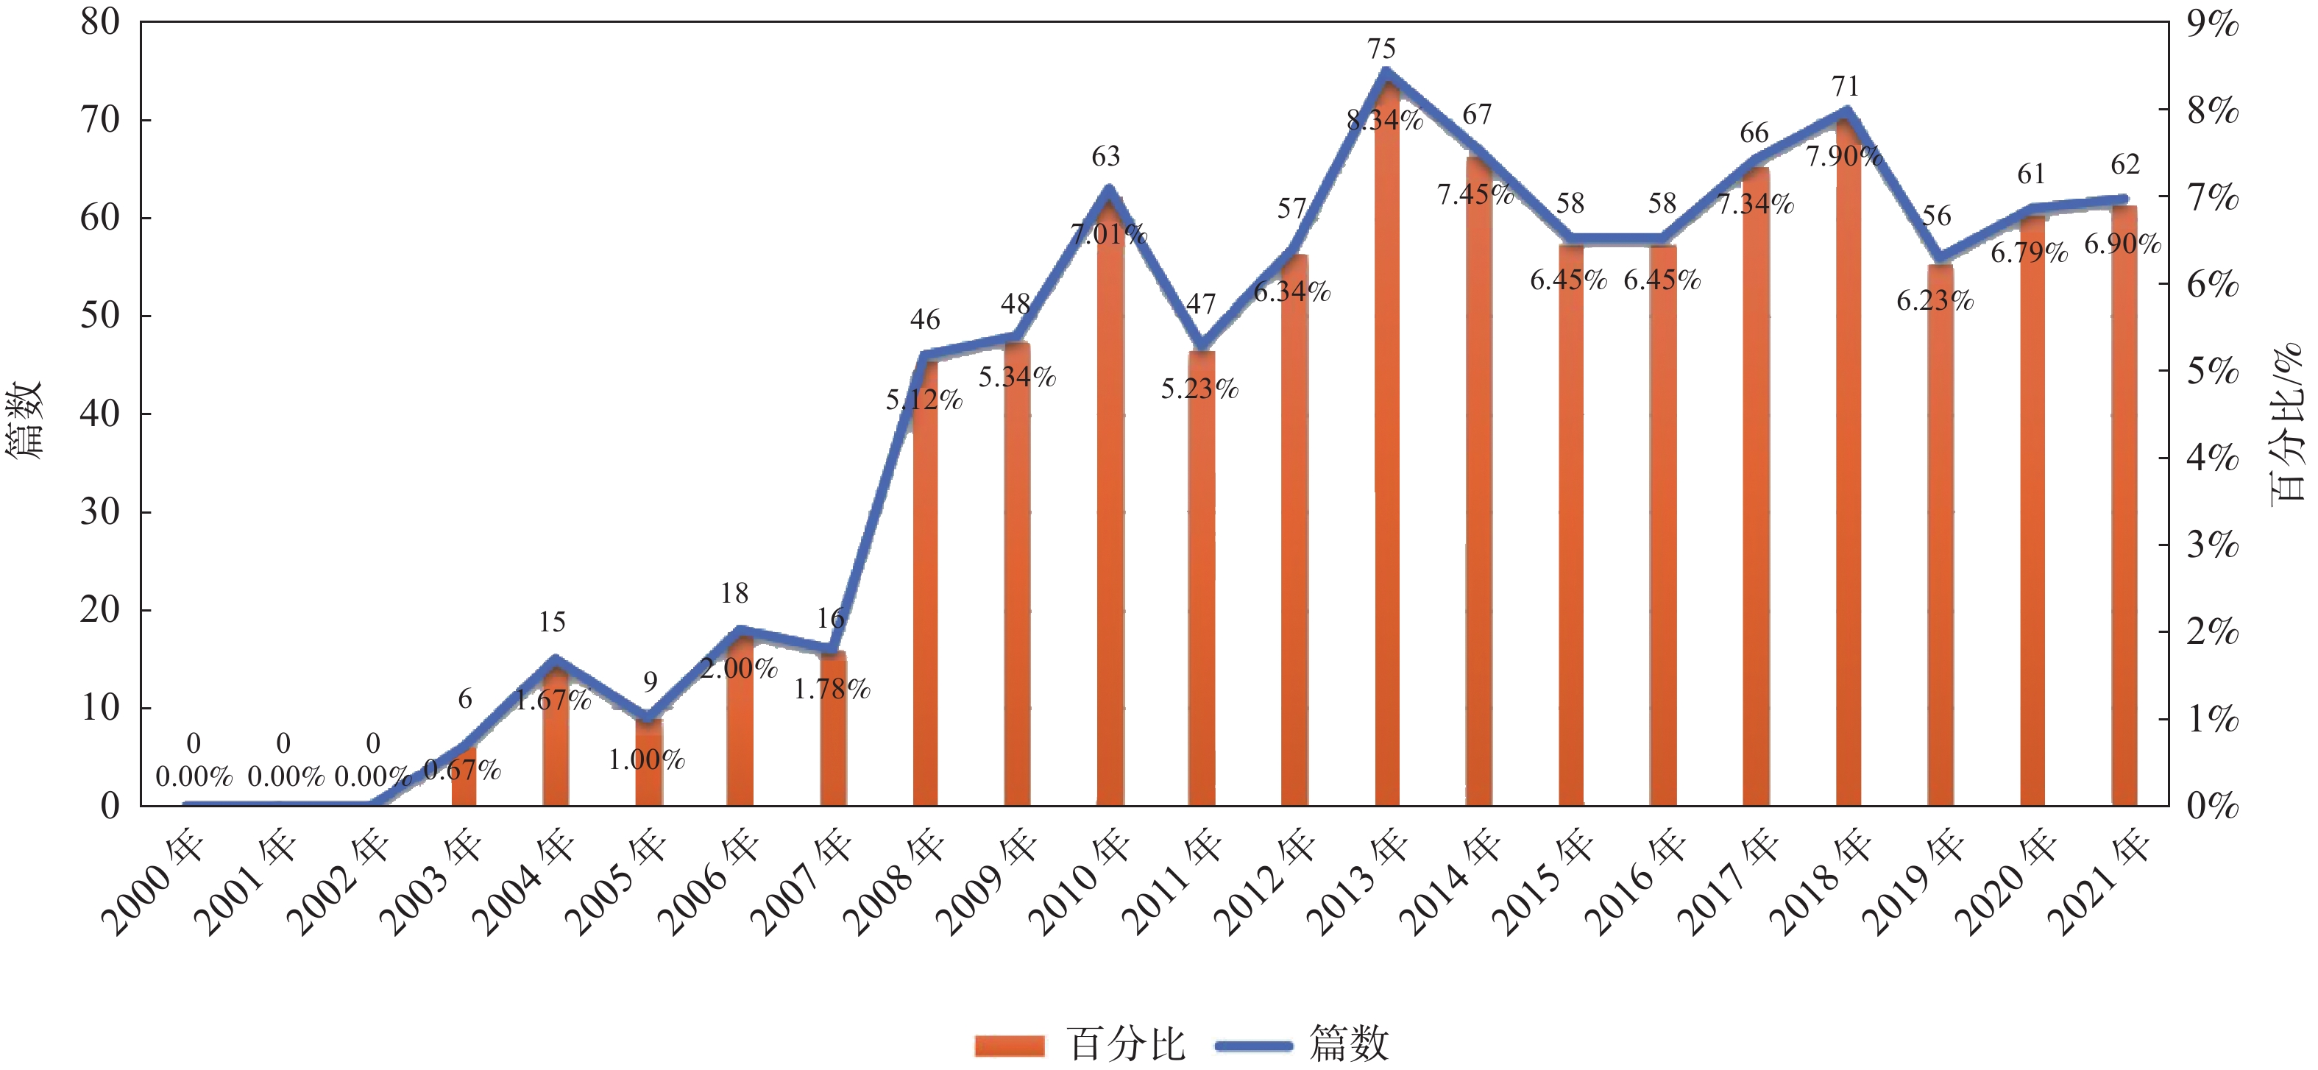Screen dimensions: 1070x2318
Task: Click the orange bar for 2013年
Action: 1386,450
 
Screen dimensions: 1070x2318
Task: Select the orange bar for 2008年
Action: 925,585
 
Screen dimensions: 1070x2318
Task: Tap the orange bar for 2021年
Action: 2124,504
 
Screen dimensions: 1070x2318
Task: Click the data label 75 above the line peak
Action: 1381,49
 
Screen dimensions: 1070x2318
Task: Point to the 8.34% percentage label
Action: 1385,120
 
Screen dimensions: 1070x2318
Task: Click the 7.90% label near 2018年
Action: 1844,157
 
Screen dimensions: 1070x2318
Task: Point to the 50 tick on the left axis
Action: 100,316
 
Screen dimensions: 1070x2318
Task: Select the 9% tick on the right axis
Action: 2213,24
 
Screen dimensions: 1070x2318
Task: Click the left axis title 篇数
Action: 25,419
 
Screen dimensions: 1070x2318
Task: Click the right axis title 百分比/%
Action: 2286,423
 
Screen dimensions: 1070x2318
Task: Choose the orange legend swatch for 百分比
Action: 1009,1046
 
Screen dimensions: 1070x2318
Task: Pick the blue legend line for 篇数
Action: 1252,1046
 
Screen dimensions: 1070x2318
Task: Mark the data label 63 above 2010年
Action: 1106,157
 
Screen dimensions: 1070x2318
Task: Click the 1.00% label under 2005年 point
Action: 646,760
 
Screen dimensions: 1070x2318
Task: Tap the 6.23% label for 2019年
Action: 1935,300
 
